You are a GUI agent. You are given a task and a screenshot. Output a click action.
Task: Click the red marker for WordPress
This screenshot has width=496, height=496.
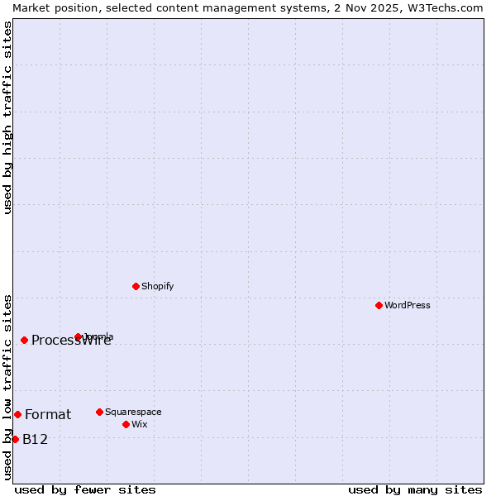point(379,305)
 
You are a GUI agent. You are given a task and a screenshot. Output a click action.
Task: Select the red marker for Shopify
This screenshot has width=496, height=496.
point(136,286)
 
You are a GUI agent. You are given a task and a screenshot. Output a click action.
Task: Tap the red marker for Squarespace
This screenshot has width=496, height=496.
point(99,412)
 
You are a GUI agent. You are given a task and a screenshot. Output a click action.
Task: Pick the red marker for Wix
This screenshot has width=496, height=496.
point(126,424)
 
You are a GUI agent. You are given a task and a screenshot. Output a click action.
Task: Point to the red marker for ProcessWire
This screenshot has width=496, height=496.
point(24,340)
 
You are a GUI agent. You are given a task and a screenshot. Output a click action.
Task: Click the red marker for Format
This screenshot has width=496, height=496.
point(17,414)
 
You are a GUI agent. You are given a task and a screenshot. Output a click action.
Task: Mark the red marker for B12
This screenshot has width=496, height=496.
point(15,439)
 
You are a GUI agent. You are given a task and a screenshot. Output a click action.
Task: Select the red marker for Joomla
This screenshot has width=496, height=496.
point(78,336)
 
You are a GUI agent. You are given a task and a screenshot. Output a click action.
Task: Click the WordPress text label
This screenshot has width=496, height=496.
point(408,305)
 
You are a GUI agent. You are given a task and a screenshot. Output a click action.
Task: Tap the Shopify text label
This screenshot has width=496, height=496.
point(157,286)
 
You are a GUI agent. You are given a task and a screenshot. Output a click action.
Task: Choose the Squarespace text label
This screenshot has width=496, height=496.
point(133,412)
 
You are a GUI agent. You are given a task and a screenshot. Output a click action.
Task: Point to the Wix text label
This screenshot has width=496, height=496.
point(139,424)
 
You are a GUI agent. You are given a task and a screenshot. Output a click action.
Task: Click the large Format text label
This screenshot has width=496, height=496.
point(48,414)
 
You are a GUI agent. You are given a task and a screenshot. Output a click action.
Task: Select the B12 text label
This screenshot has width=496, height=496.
point(35,439)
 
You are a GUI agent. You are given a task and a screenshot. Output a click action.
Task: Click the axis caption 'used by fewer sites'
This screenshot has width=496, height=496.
point(85,489)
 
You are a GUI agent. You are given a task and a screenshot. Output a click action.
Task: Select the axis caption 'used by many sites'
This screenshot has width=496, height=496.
point(415,489)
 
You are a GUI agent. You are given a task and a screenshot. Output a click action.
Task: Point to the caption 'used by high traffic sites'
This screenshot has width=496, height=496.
point(7,117)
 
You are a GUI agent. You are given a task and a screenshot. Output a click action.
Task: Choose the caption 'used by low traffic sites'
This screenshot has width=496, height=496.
point(7,387)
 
